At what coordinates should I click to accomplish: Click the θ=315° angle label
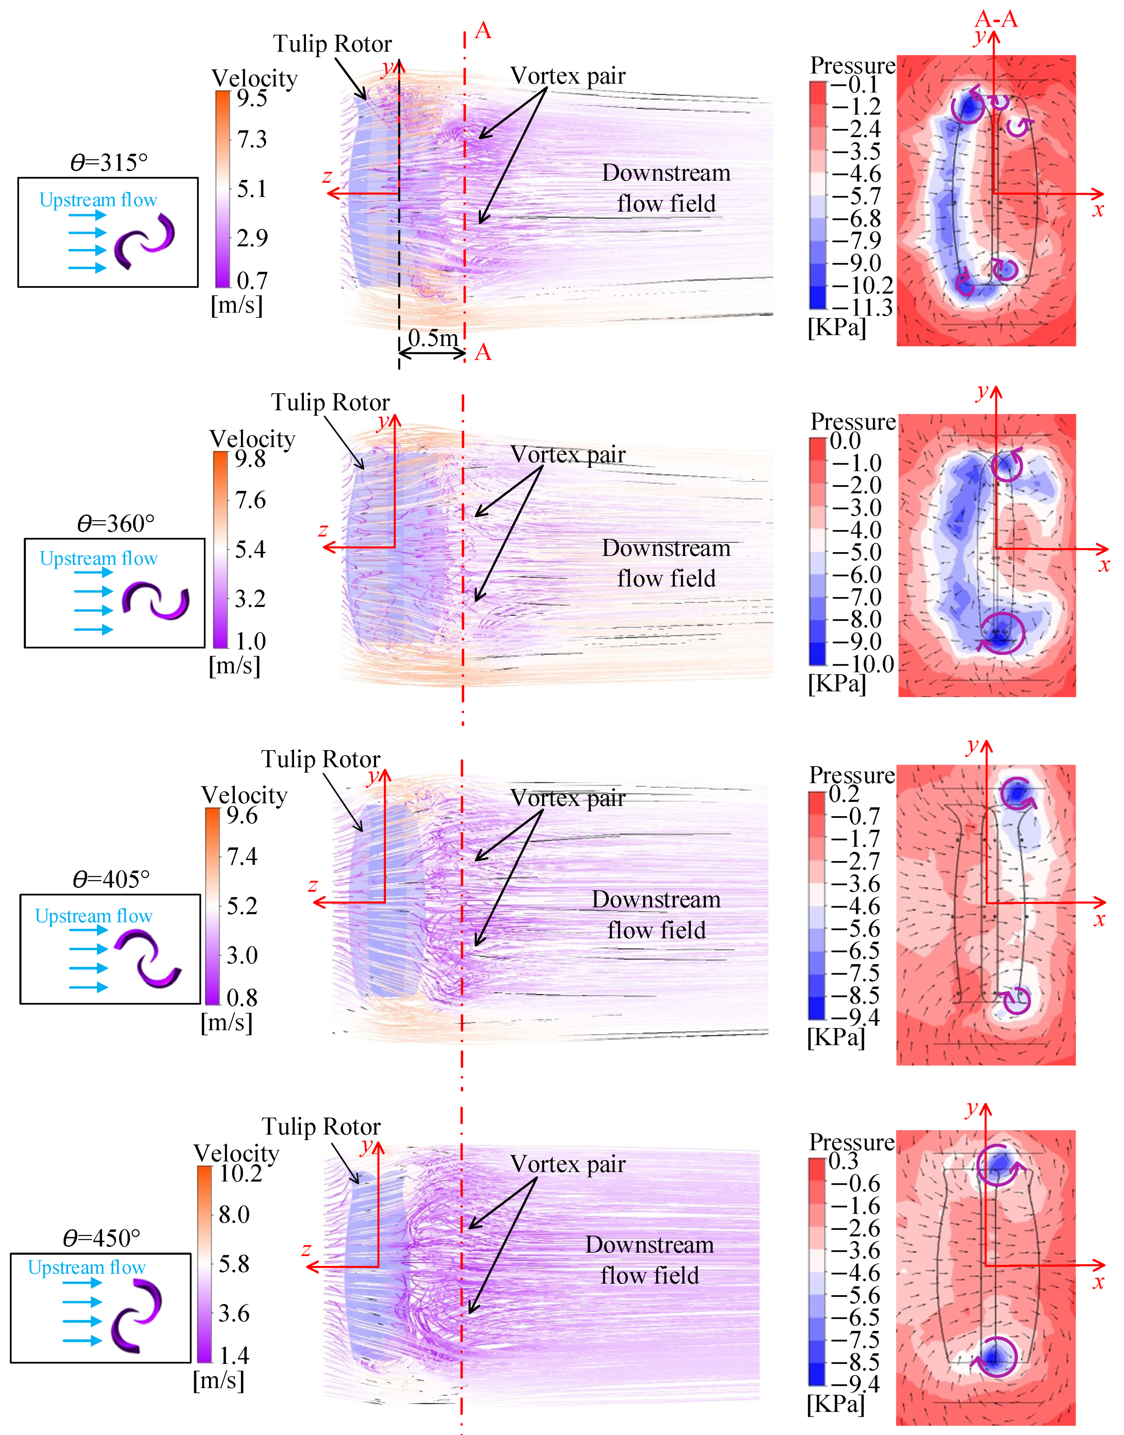109,162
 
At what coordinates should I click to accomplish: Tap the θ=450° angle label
102,1238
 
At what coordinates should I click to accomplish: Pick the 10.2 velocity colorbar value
241,1173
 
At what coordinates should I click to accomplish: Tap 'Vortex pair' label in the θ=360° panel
568,454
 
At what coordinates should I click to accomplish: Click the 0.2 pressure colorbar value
844,794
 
